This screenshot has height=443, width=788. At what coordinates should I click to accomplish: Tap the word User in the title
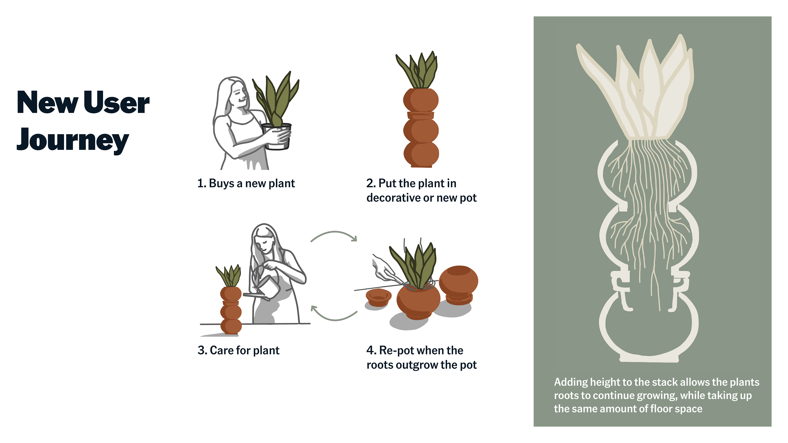click(x=116, y=102)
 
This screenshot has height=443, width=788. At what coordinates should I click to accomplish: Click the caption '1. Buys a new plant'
click(x=246, y=183)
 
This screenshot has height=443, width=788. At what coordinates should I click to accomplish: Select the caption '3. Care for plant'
click(x=238, y=350)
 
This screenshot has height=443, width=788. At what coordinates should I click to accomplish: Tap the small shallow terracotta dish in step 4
click(x=378, y=297)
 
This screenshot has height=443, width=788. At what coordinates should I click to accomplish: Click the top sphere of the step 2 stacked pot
click(x=421, y=100)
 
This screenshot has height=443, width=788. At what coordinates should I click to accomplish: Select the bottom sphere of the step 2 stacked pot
click(x=421, y=154)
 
